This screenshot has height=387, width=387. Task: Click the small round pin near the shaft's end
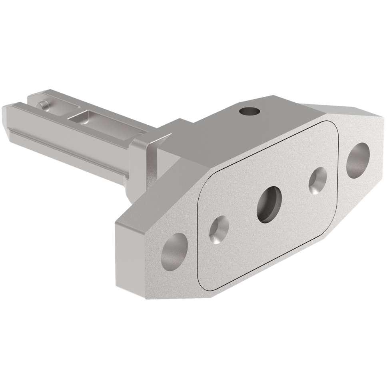[x=43, y=105]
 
